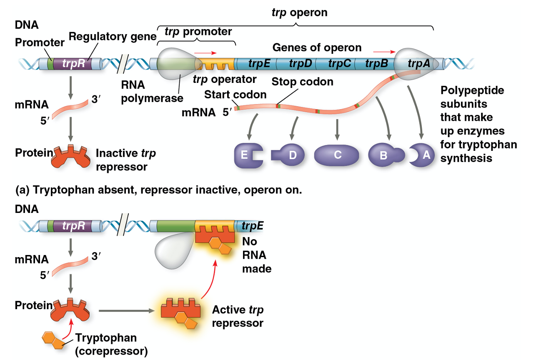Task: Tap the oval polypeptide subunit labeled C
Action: [337, 155]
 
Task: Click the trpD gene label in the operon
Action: [300, 64]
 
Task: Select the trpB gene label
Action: [377, 64]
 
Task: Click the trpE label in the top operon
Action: [259, 64]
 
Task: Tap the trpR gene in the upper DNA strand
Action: [73, 64]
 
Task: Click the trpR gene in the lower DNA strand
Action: [73, 226]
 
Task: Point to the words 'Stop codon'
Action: [302, 82]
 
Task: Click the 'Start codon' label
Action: [235, 95]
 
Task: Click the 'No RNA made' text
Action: [256, 255]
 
